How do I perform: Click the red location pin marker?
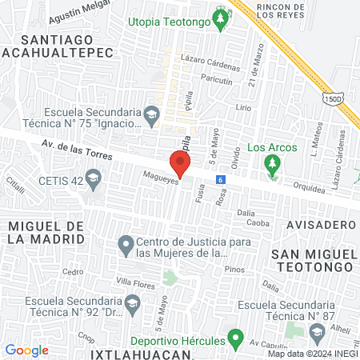coord(180,164)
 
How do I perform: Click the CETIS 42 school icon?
coord(94,179)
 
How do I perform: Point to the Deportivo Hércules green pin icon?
coord(234,341)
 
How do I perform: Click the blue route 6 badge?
coord(220,180)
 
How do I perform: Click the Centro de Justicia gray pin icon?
coord(125,243)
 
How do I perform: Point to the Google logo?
coord(26,350)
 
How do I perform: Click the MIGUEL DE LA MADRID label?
coord(46,234)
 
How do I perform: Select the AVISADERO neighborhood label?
coord(317,226)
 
